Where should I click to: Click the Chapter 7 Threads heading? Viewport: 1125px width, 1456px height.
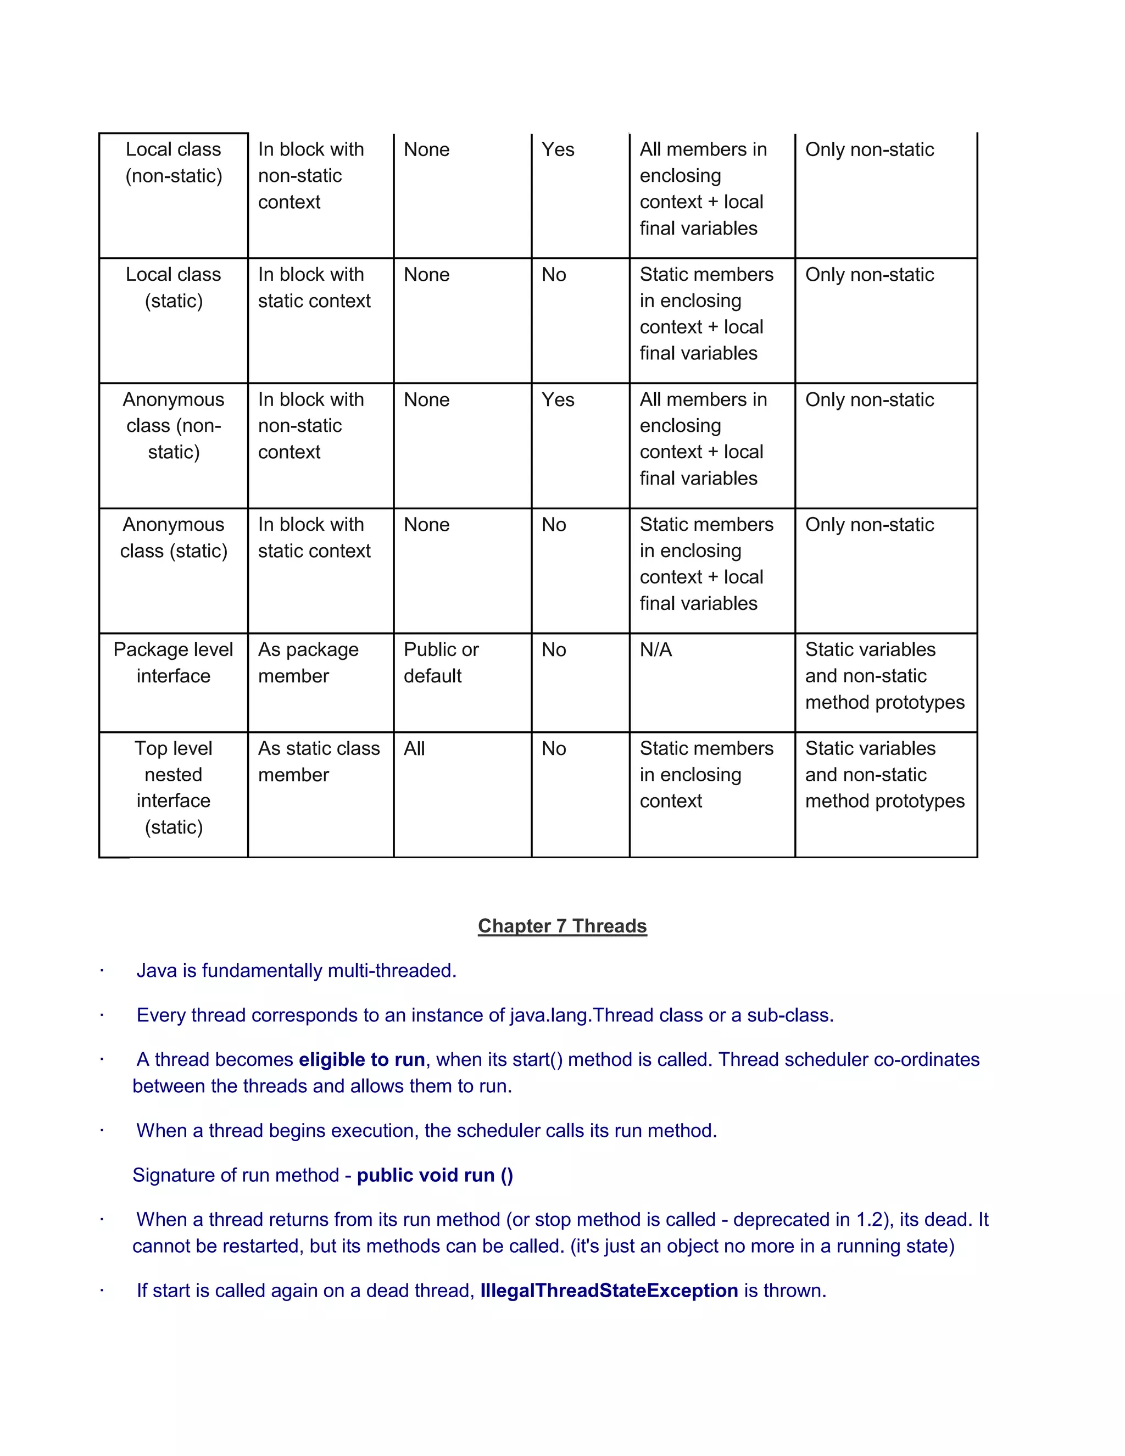(562, 926)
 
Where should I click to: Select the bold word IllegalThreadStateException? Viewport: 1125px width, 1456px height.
(609, 1291)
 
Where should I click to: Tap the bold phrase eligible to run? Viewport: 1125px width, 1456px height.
(361, 1060)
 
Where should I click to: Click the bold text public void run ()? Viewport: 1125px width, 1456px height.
(435, 1175)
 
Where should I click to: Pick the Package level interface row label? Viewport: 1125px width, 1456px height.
(173, 663)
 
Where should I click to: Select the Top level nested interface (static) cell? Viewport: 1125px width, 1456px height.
(173, 787)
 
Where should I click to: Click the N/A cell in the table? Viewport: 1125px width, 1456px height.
(656, 650)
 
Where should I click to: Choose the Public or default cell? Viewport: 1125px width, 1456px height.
(441, 663)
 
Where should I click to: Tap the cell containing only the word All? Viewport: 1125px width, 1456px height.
(414, 749)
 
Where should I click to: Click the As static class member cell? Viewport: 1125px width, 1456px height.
(319, 762)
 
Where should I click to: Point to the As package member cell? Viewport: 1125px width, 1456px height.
(308, 663)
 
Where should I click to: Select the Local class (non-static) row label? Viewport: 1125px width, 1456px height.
(173, 163)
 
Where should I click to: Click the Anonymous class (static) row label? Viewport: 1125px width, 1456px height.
(173, 538)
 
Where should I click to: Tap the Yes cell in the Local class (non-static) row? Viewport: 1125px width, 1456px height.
(558, 150)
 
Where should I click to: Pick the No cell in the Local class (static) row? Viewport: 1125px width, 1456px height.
(554, 275)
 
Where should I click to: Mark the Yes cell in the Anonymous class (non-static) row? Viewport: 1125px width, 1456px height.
(558, 400)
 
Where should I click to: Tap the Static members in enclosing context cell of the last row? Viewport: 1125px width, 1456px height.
(706, 775)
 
